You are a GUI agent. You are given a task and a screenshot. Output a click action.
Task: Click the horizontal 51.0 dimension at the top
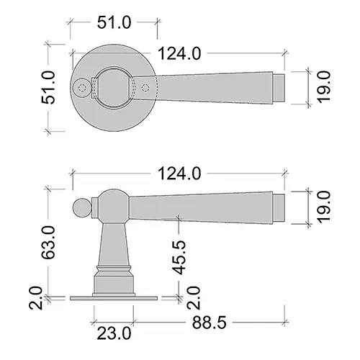click(114, 22)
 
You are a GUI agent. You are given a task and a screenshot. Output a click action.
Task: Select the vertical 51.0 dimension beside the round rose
click(48, 87)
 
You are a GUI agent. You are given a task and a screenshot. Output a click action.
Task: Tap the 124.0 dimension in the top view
click(179, 53)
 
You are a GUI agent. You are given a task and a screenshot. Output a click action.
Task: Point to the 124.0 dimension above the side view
click(179, 174)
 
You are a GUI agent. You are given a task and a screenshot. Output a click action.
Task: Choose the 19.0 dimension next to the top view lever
click(324, 86)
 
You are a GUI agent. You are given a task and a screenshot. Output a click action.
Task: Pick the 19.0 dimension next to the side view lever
click(324, 207)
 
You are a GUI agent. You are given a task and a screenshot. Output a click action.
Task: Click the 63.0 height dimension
click(48, 242)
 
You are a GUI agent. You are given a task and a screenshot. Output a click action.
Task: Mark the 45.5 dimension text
click(179, 257)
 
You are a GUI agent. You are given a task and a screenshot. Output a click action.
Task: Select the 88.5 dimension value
click(209, 323)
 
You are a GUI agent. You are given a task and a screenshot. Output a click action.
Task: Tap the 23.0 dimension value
click(114, 333)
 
